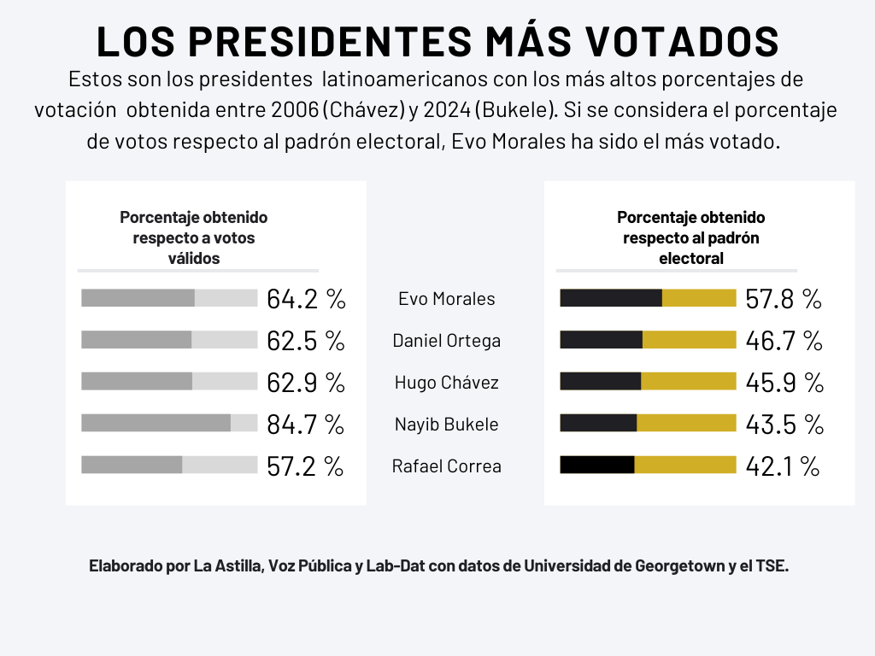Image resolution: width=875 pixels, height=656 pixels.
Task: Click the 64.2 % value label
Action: click(306, 299)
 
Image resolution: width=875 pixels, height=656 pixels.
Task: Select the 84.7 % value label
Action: click(305, 424)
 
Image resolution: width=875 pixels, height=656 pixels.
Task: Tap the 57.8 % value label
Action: click(784, 299)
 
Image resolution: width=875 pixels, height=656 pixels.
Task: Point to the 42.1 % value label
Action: click(783, 466)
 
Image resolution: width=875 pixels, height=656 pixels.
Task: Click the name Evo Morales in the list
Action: click(447, 299)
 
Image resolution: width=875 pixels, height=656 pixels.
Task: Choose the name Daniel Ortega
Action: click(447, 341)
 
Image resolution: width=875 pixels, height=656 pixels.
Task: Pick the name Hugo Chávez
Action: click(447, 383)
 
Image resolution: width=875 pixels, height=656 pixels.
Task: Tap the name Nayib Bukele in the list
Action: click(447, 425)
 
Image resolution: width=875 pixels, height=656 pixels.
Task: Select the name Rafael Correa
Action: click(447, 466)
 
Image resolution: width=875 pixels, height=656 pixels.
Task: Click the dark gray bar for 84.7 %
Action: click(156, 423)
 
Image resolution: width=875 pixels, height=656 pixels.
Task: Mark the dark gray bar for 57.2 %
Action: click(132, 465)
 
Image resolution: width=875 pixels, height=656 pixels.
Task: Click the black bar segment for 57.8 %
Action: click(611, 298)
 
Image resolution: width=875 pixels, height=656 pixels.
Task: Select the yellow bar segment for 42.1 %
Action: click(685, 465)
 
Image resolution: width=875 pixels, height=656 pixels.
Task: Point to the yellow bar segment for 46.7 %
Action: click(689, 340)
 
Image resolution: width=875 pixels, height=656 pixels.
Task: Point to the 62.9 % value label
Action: click(306, 383)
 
